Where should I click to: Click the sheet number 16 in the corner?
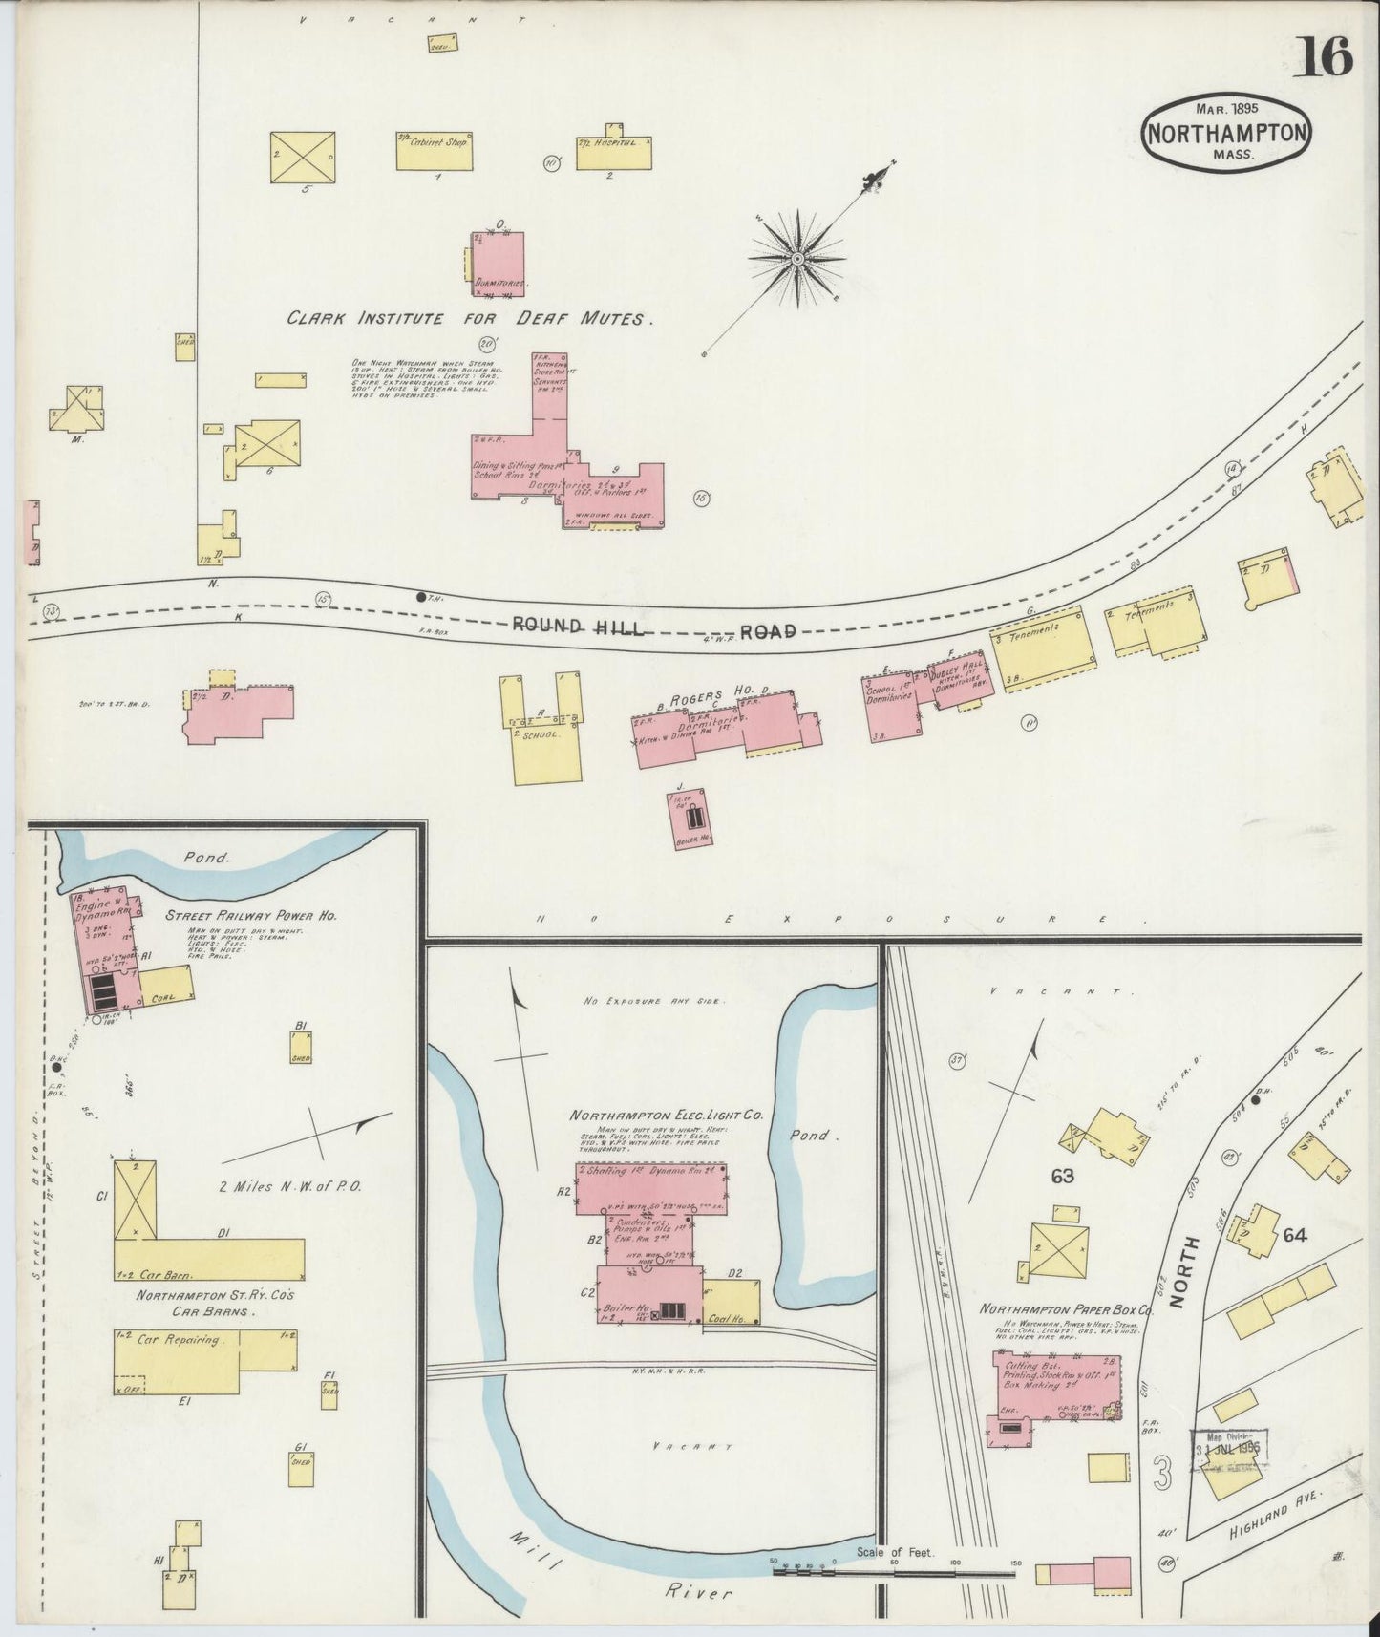click(1323, 58)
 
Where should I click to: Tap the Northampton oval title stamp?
click(1225, 133)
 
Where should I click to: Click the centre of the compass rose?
click(796, 258)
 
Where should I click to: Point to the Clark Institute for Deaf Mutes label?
click(470, 320)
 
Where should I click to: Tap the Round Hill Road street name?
click(654, 627)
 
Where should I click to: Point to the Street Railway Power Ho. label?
click(252, 915)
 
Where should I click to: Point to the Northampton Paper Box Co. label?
click(1072, 1311)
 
